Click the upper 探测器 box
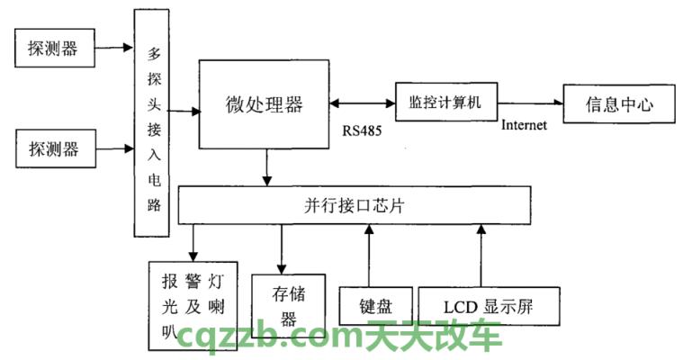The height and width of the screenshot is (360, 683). tap(53, 48)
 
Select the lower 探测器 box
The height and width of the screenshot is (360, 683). tap(53, 148)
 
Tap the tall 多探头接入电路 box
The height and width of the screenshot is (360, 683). tap(152, 123)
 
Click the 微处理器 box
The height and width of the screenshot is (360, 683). tap(264, 104)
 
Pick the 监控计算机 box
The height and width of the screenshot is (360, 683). tap(445, 102)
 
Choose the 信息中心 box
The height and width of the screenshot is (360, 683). tap(618, 104)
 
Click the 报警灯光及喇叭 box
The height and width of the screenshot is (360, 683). tap(193, 304)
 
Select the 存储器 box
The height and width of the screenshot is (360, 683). tap(286, 305)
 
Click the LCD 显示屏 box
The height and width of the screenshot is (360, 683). tap(489, 306)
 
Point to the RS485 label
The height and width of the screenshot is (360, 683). tap(362, 130)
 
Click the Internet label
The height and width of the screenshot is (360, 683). tap(524, 125)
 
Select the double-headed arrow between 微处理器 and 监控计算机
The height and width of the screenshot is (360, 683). tap(362, 102)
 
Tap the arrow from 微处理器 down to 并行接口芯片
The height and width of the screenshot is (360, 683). tap(266, 168)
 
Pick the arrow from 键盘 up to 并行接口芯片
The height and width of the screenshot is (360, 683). tap(367, 256)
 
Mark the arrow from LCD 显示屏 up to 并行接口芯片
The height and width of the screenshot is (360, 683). tap(481, 256)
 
